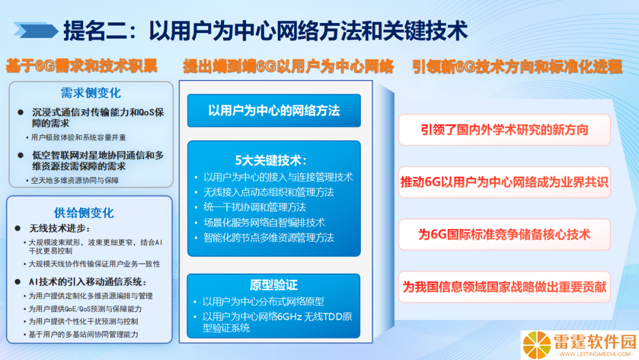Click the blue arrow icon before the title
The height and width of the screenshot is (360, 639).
(x=35, y=30)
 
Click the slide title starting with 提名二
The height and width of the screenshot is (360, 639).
(x=266, y=31)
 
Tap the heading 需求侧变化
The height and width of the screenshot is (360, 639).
(x=91, y=93)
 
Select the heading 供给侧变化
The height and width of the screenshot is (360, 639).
(x=84, y=213)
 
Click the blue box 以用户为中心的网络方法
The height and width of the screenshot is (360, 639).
(x=274, y=111)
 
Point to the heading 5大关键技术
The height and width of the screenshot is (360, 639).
(x=272, y=160)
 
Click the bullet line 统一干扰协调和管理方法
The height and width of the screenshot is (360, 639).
(x=254, y=207)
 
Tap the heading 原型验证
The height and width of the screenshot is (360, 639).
(x=273, y=285)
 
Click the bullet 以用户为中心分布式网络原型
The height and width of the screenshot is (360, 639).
(x=263, y=301)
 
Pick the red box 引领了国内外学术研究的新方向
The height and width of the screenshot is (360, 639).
(x=505, y=130)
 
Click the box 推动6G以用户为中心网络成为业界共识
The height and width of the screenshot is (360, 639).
(x=505, y=182)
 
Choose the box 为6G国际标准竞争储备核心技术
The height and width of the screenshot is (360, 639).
(x=505, y=234)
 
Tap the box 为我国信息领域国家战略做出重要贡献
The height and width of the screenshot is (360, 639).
(x=505, y=287)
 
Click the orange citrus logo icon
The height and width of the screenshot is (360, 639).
(x=537, y=345)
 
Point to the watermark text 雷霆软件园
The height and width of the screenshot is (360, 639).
(x=595, y=342)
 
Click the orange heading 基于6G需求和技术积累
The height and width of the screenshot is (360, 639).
(x=82, y=66)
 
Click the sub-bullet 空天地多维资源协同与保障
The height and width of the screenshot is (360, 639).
(x=75, y=180)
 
